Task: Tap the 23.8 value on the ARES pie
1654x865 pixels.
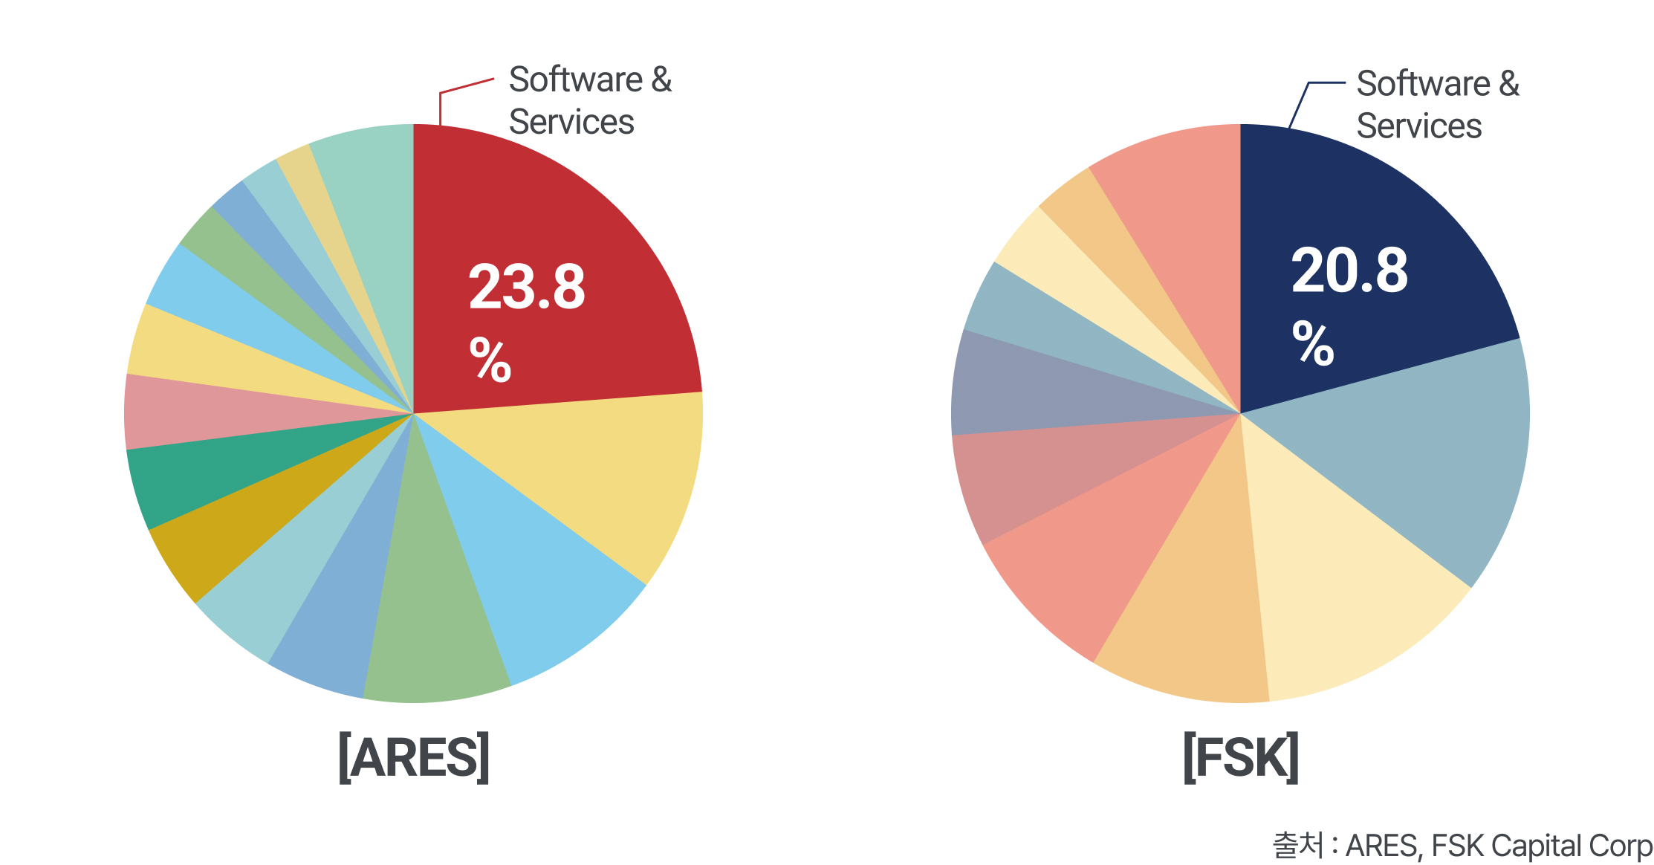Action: click(527, 287)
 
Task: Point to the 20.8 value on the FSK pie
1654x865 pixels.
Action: click(1349, 270)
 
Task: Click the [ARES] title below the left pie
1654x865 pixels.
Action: click(414, 757)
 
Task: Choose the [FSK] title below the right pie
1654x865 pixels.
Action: click(1240, 757)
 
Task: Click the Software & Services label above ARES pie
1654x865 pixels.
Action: click(590, 101)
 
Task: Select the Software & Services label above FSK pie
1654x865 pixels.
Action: click(1437, 105)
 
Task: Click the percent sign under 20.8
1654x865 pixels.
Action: click(1313, 343)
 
